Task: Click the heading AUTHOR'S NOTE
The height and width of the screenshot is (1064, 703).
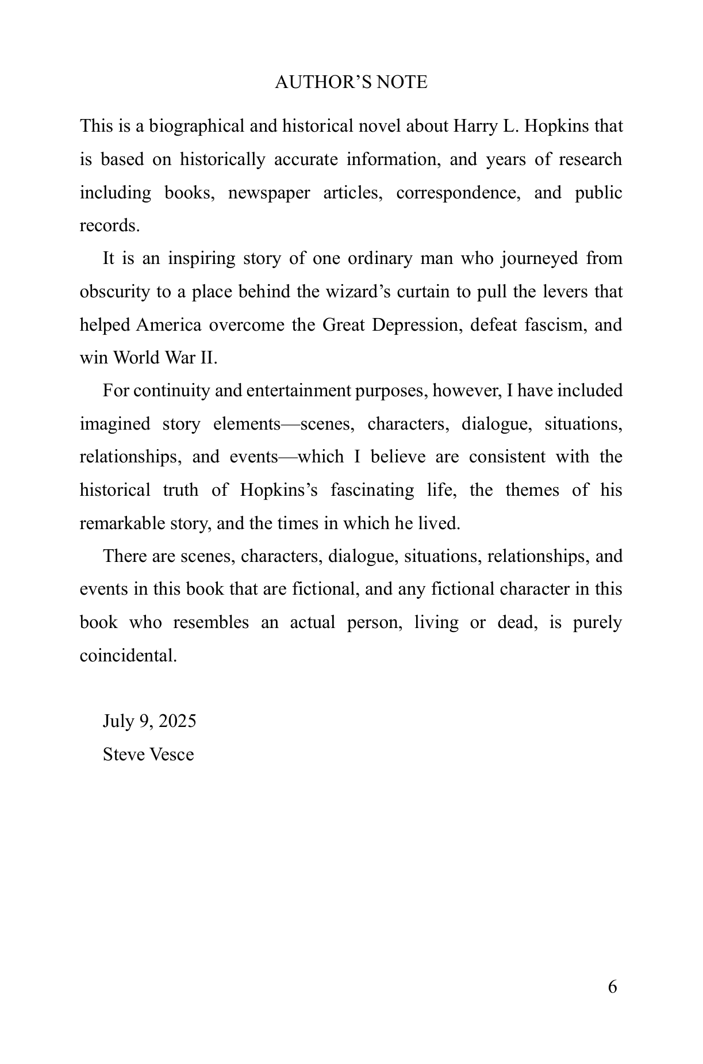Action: coord(351,82)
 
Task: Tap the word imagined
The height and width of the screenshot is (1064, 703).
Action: coord(115,424)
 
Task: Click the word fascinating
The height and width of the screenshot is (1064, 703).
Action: coord(372,490)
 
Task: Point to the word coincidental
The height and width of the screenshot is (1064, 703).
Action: coord(128,656)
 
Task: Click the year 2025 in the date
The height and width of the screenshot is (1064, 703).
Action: coord(177,721)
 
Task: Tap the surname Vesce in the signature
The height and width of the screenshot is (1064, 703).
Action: coord(171,754)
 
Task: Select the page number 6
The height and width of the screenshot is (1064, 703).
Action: coord(612,987)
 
